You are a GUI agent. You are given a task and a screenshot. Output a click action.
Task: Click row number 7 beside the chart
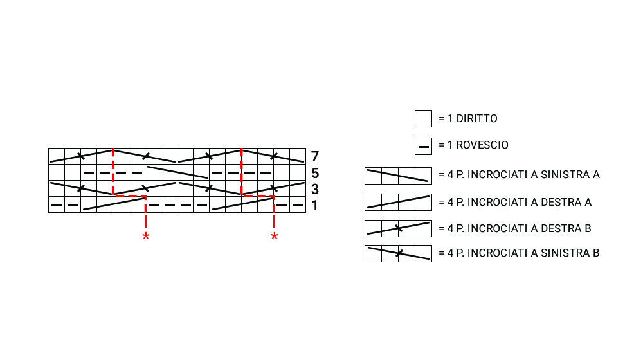tap(314, 156)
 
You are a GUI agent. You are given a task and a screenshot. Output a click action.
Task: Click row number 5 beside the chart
tap(314, 173)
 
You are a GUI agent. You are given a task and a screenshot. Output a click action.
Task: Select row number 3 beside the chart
tap(314, 189)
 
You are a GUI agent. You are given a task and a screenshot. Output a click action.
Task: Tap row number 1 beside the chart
tap(314, 206)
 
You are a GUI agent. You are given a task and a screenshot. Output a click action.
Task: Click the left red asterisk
tap(145, 236)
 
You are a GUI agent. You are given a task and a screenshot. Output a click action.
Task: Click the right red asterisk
tap(275, 236)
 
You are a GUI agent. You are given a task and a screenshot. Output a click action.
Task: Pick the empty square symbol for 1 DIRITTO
tap(423, 118)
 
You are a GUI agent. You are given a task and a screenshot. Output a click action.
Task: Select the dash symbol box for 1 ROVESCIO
tap(423, 147)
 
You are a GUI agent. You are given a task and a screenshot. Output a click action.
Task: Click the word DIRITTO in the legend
tap(476, 118)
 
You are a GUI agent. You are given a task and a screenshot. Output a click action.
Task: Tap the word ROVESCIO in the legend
tap(482, 145)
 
